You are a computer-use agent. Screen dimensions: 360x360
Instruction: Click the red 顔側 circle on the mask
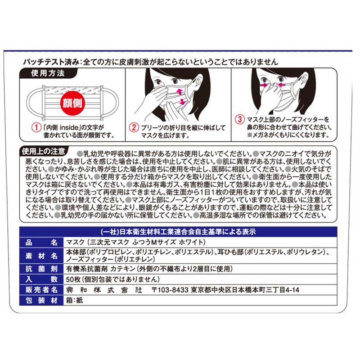[72, 103]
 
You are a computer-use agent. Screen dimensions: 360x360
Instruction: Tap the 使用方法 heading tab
[48, 73]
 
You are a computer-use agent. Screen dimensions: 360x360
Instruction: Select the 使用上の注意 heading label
[44, 151]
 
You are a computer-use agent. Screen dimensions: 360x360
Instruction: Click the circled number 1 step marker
[36, 127]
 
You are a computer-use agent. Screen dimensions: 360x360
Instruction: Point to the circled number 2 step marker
[134, 127]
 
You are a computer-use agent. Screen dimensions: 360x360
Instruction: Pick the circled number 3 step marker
[240, 119]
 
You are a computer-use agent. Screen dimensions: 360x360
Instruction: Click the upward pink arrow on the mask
[179, 92]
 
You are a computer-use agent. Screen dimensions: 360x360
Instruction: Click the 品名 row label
[41, 243]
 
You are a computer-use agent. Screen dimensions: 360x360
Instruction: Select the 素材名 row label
[41, 256]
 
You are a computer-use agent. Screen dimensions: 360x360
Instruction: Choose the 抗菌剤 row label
[41, 269]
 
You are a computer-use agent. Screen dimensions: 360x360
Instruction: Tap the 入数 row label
[41, 279]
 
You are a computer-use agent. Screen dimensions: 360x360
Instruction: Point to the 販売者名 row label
[41, 290]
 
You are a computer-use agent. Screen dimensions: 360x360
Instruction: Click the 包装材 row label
[41, 300]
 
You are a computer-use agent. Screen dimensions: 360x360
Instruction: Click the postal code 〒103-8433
[170, 290]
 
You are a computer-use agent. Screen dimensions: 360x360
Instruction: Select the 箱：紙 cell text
[74, 300]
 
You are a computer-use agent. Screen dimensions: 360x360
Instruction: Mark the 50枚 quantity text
[73, 279]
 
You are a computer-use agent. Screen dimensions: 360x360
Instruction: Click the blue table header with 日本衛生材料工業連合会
[178, 232]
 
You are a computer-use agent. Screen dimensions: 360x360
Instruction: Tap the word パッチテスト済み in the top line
[51, 62]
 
